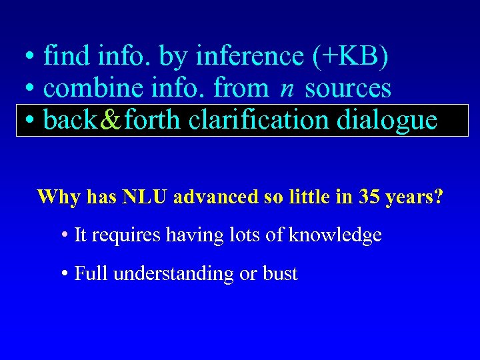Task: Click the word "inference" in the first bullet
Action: tap(249, 57)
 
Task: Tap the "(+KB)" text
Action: tap(350, 57)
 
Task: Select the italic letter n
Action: tap(286, 88)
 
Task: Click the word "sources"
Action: tap(348, 88)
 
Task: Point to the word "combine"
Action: tap(93, 88)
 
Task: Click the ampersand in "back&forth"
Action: tap(110, 120)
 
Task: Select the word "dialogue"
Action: tap(387, 120)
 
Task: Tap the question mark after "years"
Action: tap(438, 197)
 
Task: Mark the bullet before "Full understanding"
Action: tap(65, 274)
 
